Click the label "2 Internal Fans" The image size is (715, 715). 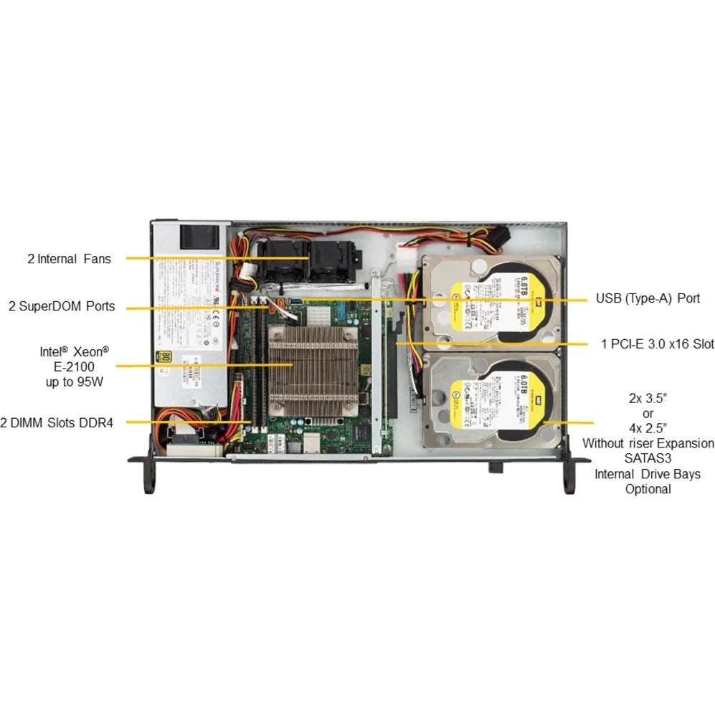click(69, 259)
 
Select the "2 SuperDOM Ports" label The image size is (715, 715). click(61, 306)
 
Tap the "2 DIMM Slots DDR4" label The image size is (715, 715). click(57, 422)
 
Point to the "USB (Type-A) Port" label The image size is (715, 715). click(648, 298)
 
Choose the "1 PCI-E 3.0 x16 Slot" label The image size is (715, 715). click(657, 344)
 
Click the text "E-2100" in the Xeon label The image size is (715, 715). click(75, 366)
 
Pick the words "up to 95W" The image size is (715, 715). click(75, 382)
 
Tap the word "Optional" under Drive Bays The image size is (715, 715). click(648, 489)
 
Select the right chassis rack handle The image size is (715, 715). click(569, 475)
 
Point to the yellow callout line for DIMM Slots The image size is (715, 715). click(194, 422)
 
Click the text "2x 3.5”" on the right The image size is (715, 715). click(648, 398)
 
